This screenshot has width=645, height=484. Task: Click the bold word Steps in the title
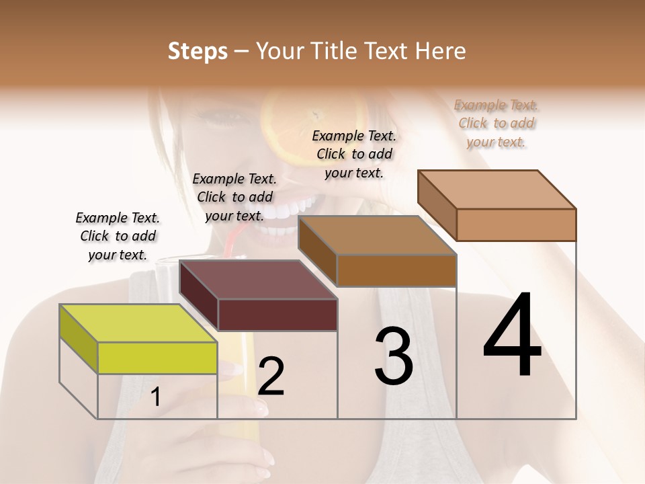tap(198, 51)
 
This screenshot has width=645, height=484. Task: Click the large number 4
tap(513, 336)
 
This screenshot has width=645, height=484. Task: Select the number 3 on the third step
tap(394, 356)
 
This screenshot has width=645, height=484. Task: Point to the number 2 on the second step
tap(271, 376)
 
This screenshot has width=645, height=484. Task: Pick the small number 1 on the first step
tap(156, 397)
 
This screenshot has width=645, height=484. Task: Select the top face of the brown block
tap(377, 235)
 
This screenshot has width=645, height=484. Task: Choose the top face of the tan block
tap(497, 190)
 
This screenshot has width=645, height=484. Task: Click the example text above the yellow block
tap(118, 236)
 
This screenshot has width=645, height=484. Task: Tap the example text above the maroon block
tap(234, 197)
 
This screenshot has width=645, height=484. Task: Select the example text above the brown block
tap(354, 154)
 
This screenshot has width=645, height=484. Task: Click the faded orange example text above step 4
tap(496, 123)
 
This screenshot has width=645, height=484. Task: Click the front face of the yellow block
tap(157, 358)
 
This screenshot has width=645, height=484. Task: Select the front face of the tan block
tap(516, 225)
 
